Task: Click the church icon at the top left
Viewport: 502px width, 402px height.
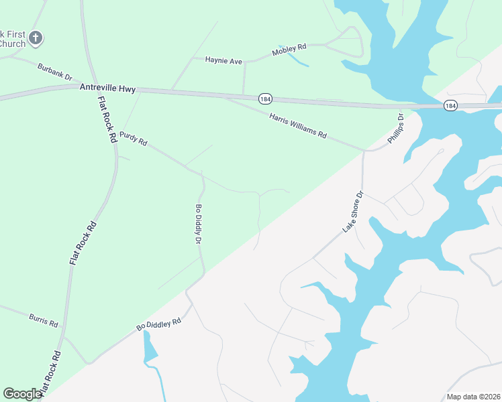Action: tap(36, 38)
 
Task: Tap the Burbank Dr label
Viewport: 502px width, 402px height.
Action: tap(55, 72)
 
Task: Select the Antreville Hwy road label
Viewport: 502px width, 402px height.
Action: tap(107, 88)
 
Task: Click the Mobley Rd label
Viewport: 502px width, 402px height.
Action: tap(289, 50)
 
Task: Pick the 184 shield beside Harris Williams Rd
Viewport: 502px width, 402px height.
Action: tap(265, 99)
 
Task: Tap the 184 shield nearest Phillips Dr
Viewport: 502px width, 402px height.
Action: tap(450, 106)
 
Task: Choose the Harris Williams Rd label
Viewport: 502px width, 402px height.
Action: tap(298, 125)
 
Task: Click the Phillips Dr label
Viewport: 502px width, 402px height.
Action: tap(396, 129)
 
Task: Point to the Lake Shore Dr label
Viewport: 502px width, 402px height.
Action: tap(353, 212)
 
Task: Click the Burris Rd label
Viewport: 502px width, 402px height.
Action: tap(44, 320)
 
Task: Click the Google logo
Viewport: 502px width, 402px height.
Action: tap(22, 394)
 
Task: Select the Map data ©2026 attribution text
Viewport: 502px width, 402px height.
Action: tap(473, 397)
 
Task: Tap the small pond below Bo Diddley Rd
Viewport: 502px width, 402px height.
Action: tap(149, 348)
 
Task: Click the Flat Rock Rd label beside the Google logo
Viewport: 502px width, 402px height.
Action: tap(50, 373)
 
